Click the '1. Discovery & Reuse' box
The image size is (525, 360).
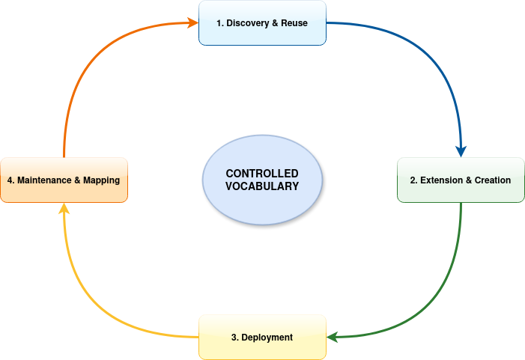[262, 22]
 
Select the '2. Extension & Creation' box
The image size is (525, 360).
[461, 180]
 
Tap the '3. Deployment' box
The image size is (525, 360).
[262, 338]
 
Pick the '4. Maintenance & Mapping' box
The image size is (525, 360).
[64, 180]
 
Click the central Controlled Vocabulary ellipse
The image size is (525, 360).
[262, 180]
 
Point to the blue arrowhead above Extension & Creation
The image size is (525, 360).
[461, 151]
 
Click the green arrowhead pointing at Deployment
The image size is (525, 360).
[332, 337]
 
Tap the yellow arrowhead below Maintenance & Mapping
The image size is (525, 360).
[64, 208]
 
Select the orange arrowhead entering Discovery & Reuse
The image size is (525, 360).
[192, 22]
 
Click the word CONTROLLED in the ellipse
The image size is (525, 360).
[262, 174]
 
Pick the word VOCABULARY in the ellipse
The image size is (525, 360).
[262, 186]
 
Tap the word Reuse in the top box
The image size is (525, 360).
[294, 23]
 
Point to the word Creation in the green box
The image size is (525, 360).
[493, 180]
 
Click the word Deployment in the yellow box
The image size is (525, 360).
[267, 338]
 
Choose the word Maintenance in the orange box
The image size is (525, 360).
[44, 180]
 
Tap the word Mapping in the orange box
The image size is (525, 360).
[101, 180]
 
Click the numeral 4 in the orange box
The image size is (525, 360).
[10, 180]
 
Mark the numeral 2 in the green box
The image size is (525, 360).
[413, 180]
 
